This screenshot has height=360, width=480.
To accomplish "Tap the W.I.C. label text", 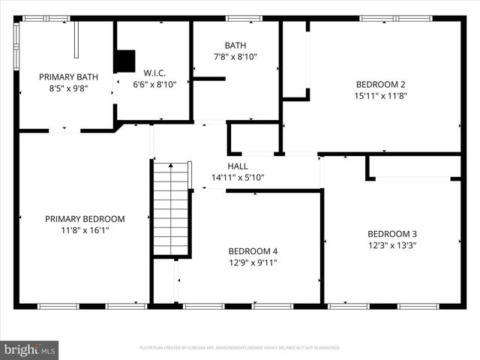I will coord(154,73).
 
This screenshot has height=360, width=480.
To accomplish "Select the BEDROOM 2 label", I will coord(380,84).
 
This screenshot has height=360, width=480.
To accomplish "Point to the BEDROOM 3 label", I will coord(391,233).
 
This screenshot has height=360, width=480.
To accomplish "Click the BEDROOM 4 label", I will coord(253,251).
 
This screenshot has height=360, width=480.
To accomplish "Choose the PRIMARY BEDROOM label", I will coord(85,219).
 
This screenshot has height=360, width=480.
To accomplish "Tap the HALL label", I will coord(238,166).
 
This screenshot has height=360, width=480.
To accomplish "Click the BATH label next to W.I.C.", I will coord(235,46).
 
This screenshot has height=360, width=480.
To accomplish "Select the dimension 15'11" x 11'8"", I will coord(380,95).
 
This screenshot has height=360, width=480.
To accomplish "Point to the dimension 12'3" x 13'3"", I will coord(391,244).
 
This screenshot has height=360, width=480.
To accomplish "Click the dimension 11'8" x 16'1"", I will coord(85,230).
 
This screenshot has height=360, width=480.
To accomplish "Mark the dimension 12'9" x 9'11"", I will coord(253,262).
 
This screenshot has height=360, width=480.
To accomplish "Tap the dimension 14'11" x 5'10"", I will coord(238,178).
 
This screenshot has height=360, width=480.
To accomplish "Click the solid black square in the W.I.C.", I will coord(124,61).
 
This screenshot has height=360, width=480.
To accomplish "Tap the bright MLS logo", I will coord(30,349).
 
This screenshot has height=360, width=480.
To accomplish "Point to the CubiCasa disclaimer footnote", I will coord(240,348).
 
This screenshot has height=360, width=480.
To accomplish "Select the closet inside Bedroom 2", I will coord(295,58).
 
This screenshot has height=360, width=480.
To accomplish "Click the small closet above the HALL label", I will coord(254,138).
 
